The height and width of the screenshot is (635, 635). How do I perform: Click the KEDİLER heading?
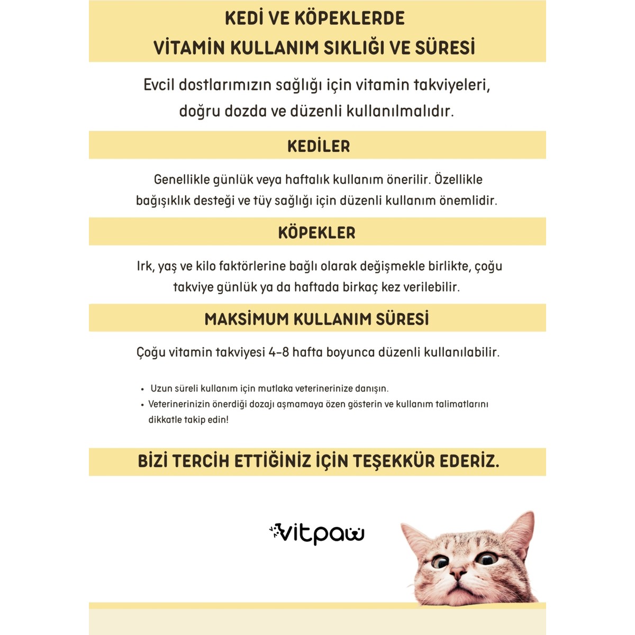(318, 146)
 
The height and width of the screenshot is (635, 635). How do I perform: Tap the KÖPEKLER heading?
(316, 233)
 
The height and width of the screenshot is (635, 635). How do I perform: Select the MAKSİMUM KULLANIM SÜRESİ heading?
(316, 319)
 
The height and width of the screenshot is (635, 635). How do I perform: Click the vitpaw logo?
(316, 533)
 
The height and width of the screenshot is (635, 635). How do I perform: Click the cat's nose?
(458, 572)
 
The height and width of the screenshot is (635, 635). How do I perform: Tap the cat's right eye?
(440, 561)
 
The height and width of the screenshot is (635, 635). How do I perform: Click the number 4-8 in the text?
(278, 352)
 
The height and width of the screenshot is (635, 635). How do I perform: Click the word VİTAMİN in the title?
(188, 48)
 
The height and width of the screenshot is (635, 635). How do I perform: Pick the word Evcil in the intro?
(159, 85)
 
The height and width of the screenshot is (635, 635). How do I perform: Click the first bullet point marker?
(142, 389)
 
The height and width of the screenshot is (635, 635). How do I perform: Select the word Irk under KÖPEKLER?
(144, 266)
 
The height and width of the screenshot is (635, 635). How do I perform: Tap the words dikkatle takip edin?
(188, 420)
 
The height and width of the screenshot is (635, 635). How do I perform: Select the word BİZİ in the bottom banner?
(153, 461)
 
